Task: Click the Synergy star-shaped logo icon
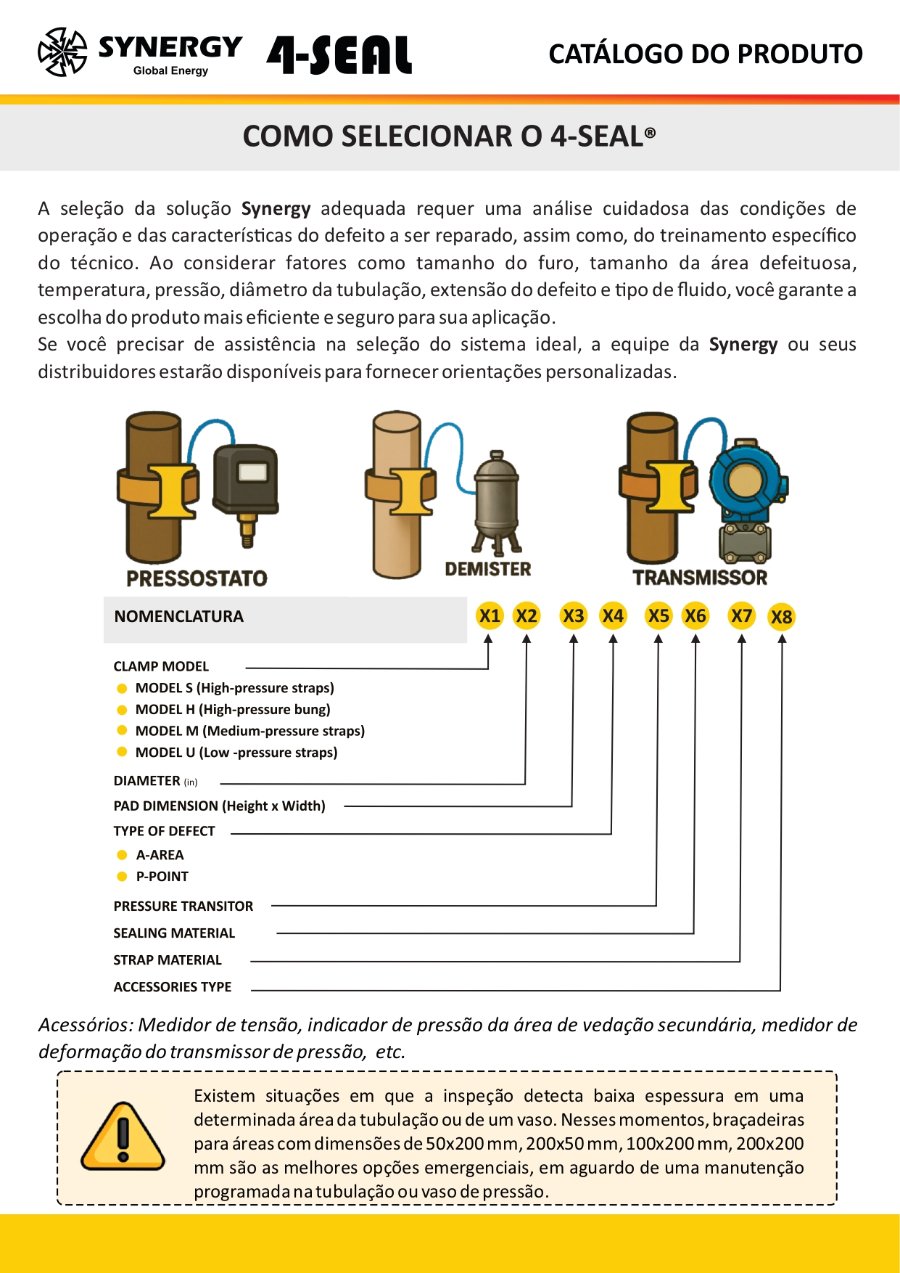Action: click(62, 52)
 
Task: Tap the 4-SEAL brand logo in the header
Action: click(339, 55)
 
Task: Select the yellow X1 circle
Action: click(490, 616)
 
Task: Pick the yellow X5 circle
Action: click(659, 616)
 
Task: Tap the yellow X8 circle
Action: click(781, 617)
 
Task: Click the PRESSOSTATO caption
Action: click(197, 578)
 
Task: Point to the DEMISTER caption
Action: click(487, 569)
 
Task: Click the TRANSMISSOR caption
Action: click(700, 578)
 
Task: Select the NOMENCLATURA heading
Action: click(178, 617)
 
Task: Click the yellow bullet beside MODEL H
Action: click(122, 710)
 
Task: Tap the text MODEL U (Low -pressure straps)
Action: click(236, 753)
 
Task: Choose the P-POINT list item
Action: click(162, 877)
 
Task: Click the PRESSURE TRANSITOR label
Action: click(183, 906)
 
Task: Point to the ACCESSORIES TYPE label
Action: click(172, 987)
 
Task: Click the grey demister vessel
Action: click(496, 497)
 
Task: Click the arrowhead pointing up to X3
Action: click(574, 639)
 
